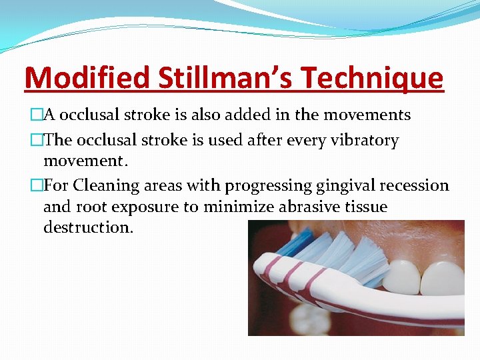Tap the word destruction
tap(87, 227)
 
